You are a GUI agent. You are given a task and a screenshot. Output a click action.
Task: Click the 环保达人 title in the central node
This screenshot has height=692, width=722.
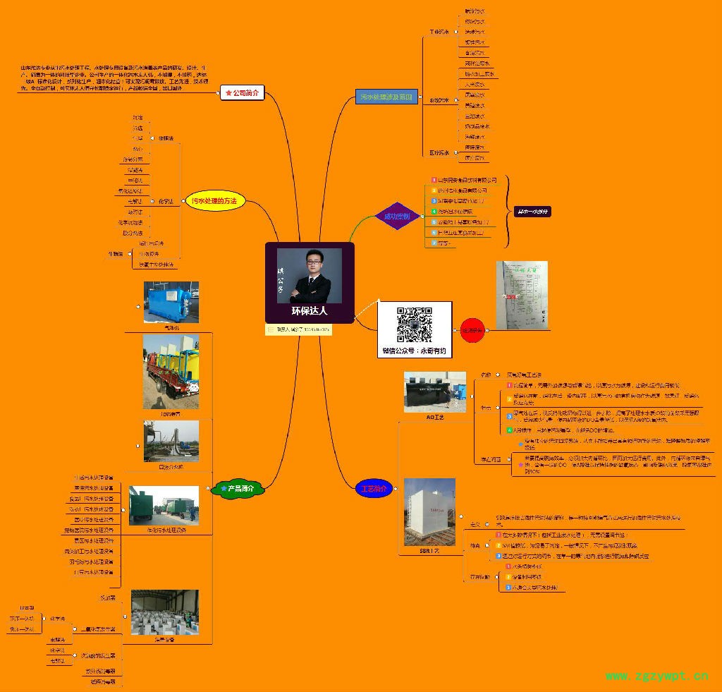310,310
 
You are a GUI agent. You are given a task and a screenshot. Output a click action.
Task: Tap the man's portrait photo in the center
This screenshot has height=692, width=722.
310,275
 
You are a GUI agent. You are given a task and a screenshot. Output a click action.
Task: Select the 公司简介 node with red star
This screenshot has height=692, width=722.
242,92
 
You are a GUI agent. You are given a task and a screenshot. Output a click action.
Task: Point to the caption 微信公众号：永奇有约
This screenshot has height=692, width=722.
414,351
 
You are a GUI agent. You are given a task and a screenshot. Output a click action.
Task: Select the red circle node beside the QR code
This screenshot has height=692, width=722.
472,329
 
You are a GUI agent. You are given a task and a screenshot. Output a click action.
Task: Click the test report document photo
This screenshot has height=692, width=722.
521,295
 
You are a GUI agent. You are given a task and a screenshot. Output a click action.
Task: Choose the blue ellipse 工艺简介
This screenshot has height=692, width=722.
374,488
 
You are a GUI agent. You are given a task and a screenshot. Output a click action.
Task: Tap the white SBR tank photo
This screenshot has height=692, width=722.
429,511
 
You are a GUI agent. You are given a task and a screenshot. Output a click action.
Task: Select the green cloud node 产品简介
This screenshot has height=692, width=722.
238,488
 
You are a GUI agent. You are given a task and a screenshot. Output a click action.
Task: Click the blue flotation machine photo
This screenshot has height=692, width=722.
171,303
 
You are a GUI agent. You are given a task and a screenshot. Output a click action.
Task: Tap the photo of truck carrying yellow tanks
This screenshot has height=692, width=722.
171,370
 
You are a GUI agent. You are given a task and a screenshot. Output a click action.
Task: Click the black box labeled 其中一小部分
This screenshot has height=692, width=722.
532,212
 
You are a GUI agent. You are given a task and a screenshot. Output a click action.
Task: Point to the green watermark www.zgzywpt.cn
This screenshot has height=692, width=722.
656,676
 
